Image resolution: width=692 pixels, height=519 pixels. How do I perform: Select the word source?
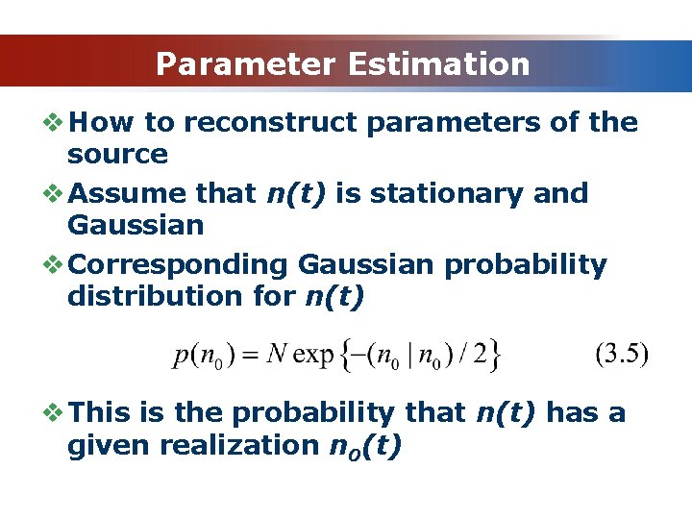[x=117, y=155]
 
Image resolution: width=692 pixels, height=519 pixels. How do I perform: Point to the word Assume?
[x=129, y=193]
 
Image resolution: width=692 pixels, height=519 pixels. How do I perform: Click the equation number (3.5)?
[x=622, y=354]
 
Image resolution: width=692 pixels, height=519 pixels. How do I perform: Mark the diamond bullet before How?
[x=54, y=123]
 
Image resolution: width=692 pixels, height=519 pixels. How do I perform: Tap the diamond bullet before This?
[x=54, y=413]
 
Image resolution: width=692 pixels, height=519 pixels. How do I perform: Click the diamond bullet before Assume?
[x=54, y=193]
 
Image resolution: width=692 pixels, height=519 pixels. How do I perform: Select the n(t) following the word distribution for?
[x=334, y=296]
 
